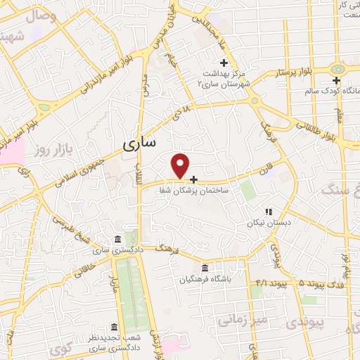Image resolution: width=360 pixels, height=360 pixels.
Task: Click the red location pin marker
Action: (x=181, y=165)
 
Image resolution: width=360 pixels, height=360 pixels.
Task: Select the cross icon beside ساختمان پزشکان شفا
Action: (x=194, y=179)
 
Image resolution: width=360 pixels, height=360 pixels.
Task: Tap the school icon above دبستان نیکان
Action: (x=267, y=211)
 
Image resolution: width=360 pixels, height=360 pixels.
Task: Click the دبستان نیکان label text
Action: (x=262, y=223)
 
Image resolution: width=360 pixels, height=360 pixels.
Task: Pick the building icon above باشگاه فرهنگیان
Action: (x=205, y=268)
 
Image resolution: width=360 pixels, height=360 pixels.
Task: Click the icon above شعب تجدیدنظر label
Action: (x=114, y=326)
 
